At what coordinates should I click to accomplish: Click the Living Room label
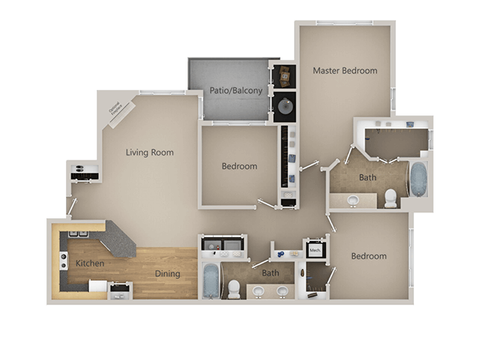click(x=150, y=153)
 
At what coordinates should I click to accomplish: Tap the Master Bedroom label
click(x=344, y=71)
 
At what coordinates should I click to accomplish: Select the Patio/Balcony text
click(x=236, y=91)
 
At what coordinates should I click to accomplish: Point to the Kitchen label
click(x=89, y=264)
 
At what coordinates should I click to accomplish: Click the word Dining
click(x=167, y=274)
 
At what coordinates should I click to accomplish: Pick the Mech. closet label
click(x=315, y=250)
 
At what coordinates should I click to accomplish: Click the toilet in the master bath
click(x=390, y=198)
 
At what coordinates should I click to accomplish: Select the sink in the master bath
click(x=353, y=200)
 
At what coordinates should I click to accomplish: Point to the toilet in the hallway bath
click(x=234, y=287)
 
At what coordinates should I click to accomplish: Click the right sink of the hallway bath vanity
click(x=282, y=291)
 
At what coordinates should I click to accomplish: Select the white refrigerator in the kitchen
click(x=97, y=286)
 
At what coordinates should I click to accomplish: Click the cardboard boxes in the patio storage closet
click(x=285, y=75)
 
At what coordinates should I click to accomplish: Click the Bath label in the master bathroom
click(x=367, y=178)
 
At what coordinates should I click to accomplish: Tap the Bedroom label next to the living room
click(x=239, y=166)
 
